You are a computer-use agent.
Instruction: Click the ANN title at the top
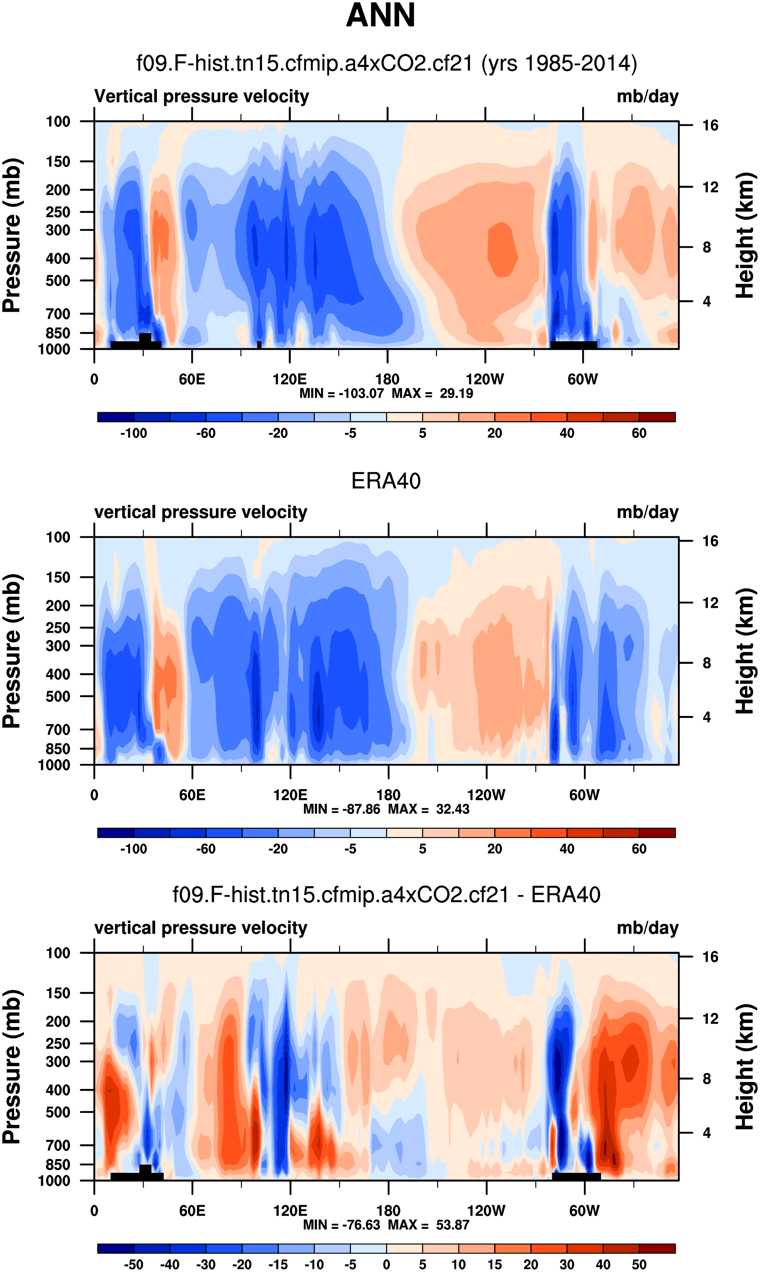[380, 15]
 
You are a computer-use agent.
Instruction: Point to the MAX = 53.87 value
[429, 1225]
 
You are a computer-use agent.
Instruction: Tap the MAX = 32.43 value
[429, 809]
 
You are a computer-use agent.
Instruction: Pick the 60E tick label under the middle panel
[192, 795]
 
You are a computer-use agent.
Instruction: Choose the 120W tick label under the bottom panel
[486, 1211]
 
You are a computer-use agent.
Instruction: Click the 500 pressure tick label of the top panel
[58, 281]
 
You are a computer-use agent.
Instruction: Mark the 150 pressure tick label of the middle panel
[58, 577]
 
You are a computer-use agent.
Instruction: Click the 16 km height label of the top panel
[710, 125]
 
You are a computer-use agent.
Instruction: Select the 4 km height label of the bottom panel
[707, 1133]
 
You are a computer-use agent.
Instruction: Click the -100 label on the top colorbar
[134, 433]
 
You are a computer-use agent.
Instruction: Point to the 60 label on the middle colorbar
[639, 849]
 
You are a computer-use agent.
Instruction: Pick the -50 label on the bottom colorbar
[134, 1264]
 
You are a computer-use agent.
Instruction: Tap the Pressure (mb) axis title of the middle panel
[11, 651]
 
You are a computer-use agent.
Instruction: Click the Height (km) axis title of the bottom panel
[745, 1067]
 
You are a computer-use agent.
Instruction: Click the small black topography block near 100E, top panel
[259, 345]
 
